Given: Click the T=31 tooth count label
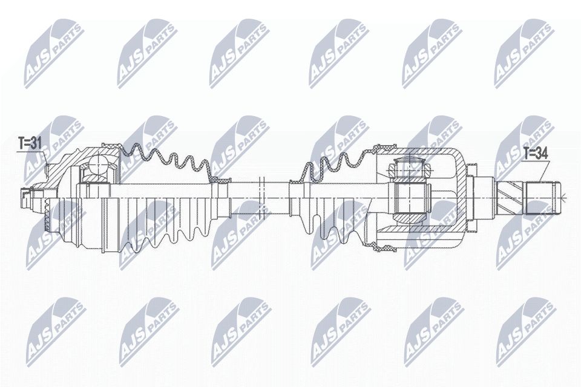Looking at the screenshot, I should tap(29, 143).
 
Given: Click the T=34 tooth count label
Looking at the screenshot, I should tap(535, 154).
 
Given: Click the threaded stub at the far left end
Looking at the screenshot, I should tap(26, 197).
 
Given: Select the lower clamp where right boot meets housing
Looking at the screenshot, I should tap(384, 247).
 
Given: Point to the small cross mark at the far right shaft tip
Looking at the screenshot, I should tap(563, 197).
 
